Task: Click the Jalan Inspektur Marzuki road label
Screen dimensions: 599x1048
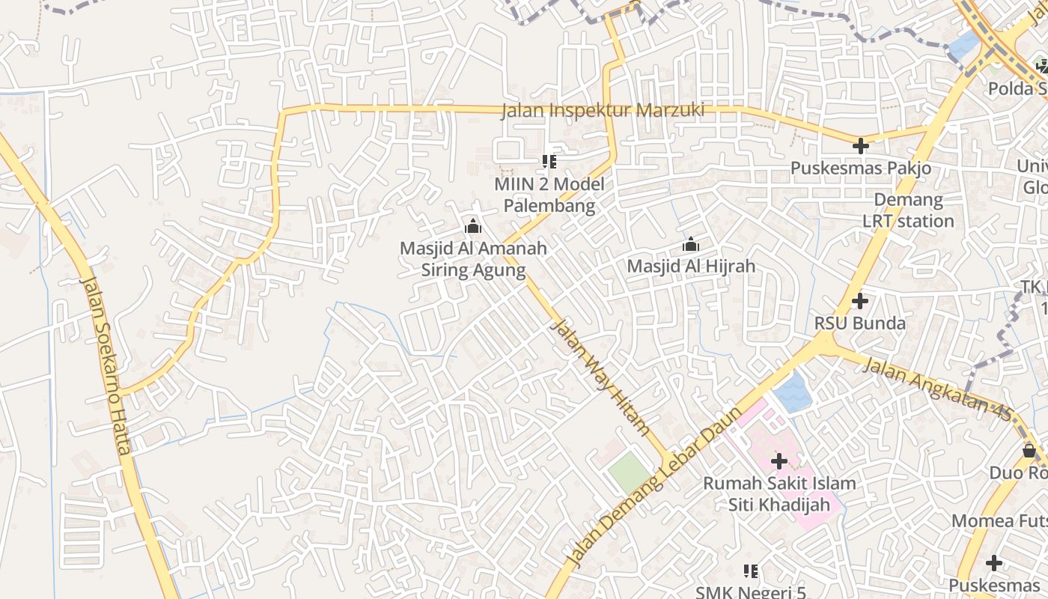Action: [603, 110]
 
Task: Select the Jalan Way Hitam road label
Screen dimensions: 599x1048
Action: [599, 377]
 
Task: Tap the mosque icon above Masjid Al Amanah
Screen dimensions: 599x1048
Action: [473, 226]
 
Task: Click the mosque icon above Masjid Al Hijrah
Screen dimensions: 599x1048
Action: [690, 244]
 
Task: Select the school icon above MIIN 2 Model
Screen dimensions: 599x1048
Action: [549, 161]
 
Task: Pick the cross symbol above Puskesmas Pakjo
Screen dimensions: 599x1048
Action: [861, 146]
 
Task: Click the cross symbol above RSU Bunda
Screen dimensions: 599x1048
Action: [860, 301]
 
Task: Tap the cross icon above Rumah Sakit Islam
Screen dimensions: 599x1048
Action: [779, 460]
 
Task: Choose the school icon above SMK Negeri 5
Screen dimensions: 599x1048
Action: [751, 572]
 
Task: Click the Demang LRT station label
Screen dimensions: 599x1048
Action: [908, 210]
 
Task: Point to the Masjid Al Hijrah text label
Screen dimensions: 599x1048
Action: [690, 266]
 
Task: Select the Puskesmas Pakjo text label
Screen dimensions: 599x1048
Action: [861, 168]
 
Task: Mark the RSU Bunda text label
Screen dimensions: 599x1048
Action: [860, 323]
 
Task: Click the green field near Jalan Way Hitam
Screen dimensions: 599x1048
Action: [629, 473]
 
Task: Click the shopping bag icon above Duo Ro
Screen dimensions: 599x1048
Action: [1029, 451]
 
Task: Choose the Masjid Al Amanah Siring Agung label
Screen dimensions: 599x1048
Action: [473, 259]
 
